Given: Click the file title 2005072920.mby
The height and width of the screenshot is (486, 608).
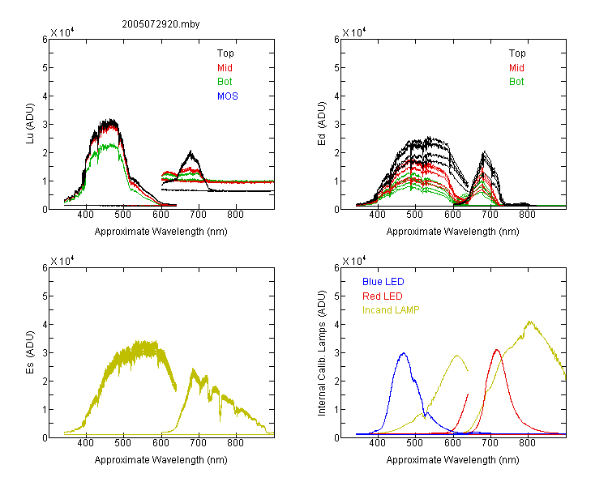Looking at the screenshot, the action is (x=161, y=24).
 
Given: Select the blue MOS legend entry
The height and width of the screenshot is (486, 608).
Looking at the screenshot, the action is (x=228, y=96).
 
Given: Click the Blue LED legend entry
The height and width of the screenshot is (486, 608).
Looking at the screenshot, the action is (x=383, y=282).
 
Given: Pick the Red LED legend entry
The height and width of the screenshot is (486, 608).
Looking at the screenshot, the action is (x=383, y=296).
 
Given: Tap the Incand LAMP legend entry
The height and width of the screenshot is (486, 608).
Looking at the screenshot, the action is (x=391, y=310).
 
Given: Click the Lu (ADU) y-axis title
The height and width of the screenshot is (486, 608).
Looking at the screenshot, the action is (x=30, y=124).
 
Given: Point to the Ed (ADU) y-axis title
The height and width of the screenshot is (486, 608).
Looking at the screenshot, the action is (x=322, y=124).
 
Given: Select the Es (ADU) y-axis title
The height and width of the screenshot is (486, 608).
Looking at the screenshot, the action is (x=30, y=352).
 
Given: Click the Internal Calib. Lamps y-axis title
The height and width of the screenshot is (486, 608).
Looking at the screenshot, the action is (x=322, y=352).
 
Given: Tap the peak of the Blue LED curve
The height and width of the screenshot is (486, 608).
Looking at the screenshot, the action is (x=404, y=353).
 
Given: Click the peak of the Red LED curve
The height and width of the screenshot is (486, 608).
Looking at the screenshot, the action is (x=497, y=350).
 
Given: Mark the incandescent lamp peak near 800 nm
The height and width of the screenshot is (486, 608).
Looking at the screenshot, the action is (x=529, y=322).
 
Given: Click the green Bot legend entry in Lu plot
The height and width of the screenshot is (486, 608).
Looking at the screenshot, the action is (x=225, y=82).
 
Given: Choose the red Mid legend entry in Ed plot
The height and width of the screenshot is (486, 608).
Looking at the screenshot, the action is (x=516, y=68).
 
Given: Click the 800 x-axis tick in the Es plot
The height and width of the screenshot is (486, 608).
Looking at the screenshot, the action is (x=235, y=443).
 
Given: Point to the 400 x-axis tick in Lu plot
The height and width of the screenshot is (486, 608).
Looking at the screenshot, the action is (x=85, y=215).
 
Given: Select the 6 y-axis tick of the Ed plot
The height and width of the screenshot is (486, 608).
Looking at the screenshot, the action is (x=336, y=39).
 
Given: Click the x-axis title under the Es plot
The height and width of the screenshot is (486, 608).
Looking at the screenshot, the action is (x=161, y=460).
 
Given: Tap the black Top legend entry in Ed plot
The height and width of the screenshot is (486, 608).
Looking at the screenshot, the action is (x=517, y=53).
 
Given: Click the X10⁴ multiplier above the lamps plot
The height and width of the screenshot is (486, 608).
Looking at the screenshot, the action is (x=354, y=261).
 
